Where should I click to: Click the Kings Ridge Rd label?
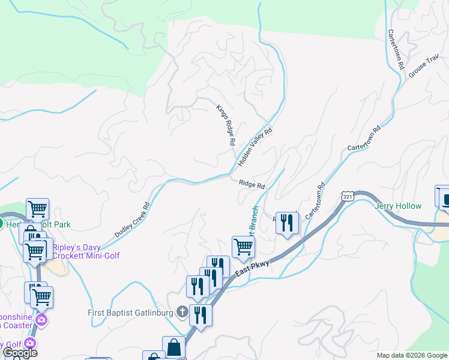pos(224,126)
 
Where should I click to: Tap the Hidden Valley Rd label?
pos(255,147)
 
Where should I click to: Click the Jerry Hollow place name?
pos(398,206)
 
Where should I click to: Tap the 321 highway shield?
pos(346,197)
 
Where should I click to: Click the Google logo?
pos(20,353)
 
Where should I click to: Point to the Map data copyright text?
pos(411,355)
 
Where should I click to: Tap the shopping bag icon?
pos(173,347)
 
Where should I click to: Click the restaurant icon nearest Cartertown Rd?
pos(287,223)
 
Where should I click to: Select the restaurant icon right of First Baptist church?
pos(200,315)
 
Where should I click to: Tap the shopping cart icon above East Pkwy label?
pos(243,246)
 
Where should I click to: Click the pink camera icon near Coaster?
pos(41,319)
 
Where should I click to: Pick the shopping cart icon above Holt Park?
pos(37,209)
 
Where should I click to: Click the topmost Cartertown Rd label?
pos(394,50)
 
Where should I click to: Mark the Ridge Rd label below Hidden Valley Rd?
pos(252,185)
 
